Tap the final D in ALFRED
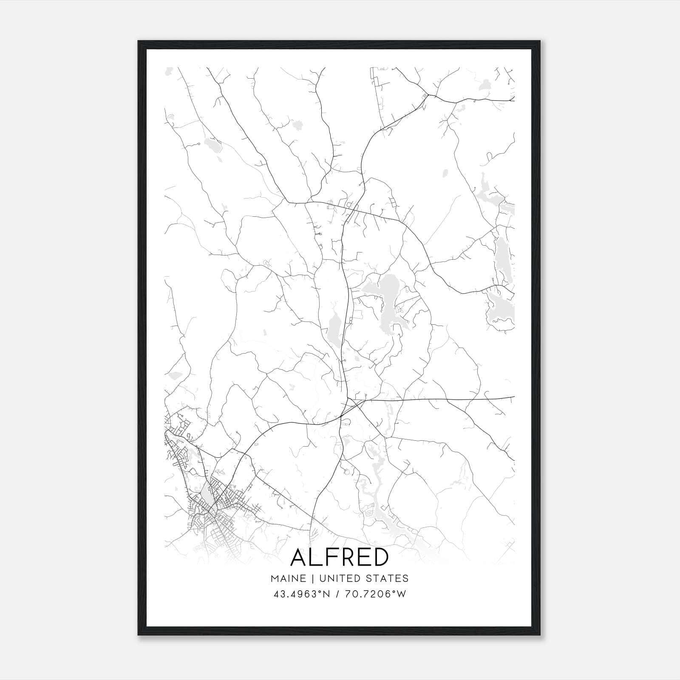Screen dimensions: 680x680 pyautogui.click(x=380, y=557)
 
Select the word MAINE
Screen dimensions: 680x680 pyautogui.click(x=288, y=578)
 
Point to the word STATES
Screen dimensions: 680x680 pyautogui.click(x=390, y=578)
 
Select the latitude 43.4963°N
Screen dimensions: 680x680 pyautogui.click(x=302, y=594)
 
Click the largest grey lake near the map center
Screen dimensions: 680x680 pyautogui.click(x=389, y=297)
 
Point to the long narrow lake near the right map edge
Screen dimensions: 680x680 pyautogui.click(x=504, y=259)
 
